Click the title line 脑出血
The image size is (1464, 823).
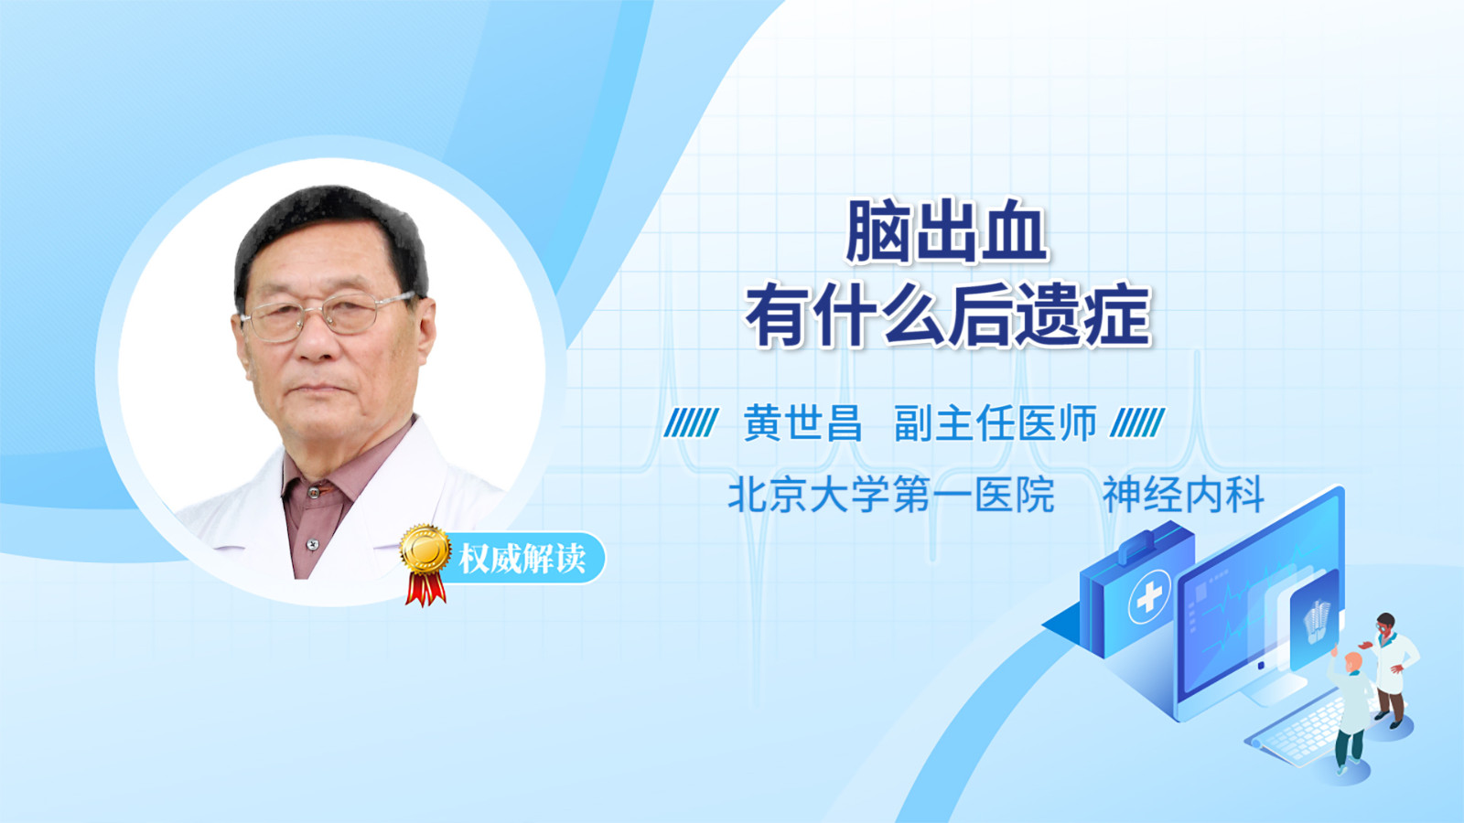(947, 232)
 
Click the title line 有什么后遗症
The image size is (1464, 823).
(947, 316)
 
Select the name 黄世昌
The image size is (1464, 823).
(802, 423)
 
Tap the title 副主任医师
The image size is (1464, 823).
(996, 423)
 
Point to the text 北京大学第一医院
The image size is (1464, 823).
(891, 495)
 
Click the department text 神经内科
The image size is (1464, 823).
(1183, 495)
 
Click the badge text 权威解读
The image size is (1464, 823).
(522, 559)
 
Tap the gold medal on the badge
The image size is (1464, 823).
(425, 550)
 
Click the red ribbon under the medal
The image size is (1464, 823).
(425, 589)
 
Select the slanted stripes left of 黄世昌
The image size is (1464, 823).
(691, 422)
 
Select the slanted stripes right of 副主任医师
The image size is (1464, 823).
(1137, 422)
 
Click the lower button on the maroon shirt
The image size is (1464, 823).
(312, 543)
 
